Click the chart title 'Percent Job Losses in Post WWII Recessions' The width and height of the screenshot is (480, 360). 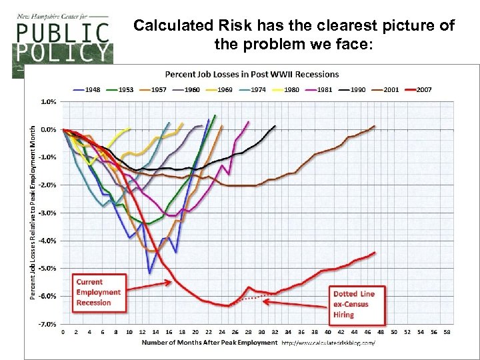coord(251,74)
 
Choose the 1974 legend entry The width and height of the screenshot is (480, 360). coord(255,89)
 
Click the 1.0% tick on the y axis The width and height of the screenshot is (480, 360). coord(49,102)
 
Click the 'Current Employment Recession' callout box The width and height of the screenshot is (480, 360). coord(98,292)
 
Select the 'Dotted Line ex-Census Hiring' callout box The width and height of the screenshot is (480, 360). coord(353,303)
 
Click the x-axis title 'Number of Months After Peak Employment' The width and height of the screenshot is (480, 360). coord(209,343)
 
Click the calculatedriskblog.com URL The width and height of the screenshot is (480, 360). coord(328,343)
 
